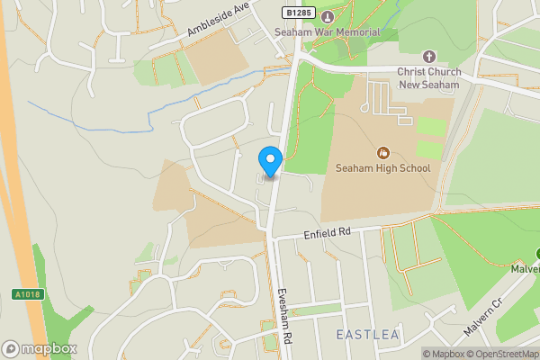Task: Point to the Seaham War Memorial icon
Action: pos(327,17)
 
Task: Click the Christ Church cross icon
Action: pos(428,56)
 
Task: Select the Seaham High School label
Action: pos(382,168)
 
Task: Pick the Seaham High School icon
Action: pos(383,152)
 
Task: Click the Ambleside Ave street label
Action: pos(217,19)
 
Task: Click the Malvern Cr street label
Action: pos(485,328)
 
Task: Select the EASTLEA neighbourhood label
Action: pos(367,335)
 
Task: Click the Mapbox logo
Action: pos(40,348)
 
